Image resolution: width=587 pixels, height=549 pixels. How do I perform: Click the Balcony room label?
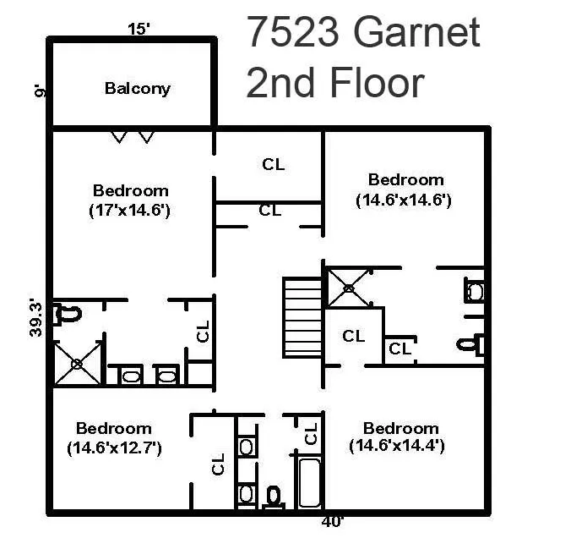137,88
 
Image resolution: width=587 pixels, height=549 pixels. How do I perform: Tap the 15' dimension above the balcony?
139,30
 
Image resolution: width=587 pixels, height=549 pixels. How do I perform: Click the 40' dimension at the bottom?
332,522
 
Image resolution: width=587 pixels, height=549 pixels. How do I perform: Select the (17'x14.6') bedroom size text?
130,211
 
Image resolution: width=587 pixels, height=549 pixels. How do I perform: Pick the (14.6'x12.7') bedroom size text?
114,448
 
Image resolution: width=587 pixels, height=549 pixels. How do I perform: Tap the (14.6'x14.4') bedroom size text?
397,445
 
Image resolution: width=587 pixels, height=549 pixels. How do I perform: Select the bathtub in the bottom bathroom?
309,481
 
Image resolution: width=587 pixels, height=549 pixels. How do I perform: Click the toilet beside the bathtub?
274,495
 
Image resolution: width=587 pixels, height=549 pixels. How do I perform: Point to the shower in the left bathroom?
77,363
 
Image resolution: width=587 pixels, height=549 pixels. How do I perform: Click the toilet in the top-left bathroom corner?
67,314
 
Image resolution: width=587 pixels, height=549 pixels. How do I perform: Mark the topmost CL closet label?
273,164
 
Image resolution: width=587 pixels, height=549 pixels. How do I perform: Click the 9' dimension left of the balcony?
39,90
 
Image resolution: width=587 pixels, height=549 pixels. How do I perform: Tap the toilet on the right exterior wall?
471,344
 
